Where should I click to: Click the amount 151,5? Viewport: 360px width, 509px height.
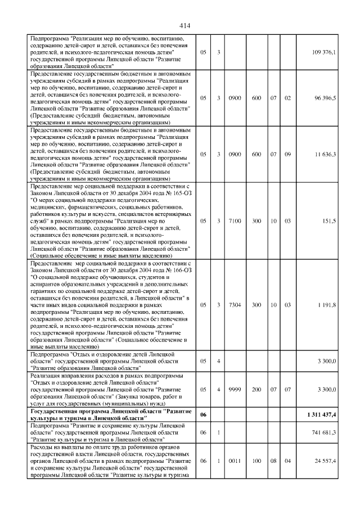coord(330,220)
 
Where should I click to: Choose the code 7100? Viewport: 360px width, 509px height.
coord(235,220)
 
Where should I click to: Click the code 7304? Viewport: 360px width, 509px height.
coord(235,304)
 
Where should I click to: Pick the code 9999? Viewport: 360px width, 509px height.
coord(235,389)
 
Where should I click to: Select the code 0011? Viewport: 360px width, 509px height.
coord(235,461)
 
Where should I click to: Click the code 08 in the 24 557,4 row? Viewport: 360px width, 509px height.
coord(273,461)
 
